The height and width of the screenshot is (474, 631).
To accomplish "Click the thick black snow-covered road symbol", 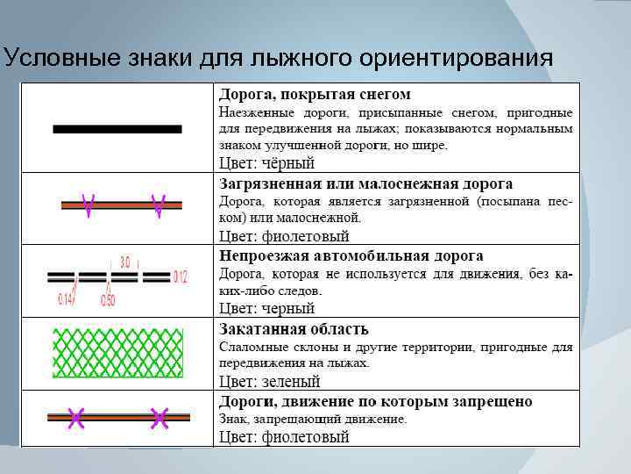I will click(117, 129).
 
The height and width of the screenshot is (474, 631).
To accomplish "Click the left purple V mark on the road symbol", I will click(88, 205).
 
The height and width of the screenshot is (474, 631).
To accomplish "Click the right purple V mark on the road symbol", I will click(159, 205).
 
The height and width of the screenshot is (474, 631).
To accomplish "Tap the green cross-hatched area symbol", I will click(117, 352).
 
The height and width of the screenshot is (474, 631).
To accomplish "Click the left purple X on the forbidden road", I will click(76, 419).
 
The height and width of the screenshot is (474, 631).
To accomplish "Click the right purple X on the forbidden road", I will click(159, 419).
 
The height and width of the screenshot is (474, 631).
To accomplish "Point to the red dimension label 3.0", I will click(124, 262).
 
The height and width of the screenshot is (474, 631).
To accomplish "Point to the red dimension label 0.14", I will click(66, 299).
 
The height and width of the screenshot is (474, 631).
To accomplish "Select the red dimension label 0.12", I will click(180, 277).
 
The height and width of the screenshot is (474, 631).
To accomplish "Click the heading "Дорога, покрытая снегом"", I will click(314, 94).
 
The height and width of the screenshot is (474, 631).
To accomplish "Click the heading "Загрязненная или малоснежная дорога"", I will click(365, 184).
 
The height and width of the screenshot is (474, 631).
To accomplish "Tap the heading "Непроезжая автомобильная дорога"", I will click(351, 256).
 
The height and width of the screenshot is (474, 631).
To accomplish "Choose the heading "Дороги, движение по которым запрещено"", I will click(375, 402).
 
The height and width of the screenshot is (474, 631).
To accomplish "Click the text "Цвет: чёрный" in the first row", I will click(266, 163).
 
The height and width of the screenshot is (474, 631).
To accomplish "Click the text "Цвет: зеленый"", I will click(269, 382).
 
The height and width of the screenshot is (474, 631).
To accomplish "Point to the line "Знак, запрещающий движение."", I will click(313, 420).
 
